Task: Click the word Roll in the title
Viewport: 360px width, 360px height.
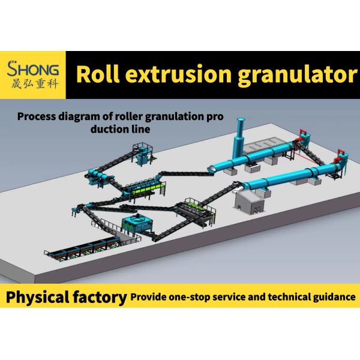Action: click(x=98, y=74)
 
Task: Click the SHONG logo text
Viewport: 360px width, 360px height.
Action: click(x=33, y=68)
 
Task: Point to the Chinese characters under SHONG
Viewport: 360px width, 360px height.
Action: click(x=34, y=83)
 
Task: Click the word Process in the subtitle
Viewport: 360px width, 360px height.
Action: click(x=37, y=116)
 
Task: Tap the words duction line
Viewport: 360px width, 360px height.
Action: click(x=121, y=129)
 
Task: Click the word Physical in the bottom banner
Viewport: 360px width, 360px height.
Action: click(x=38, y=297)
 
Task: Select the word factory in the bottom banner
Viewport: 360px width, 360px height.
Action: click(x=100, y=297)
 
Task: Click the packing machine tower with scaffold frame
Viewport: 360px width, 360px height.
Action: click(x=143, y=154)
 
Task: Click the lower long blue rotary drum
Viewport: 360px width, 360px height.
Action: click(x=290, y=175)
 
